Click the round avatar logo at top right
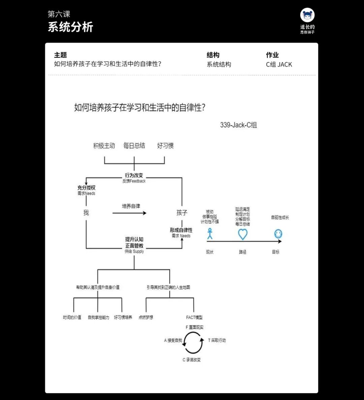tap(307, 15)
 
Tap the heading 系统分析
tap(70, 27)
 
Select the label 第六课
tap(59, 14)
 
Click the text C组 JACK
tap(279, 64)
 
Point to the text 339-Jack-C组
tap(238, 125)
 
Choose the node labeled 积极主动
tap(104, 146)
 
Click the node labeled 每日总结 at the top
tap(134, 146)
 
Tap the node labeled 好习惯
tap(165, 146)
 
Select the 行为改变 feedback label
tap(134, 176)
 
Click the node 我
tap(86, 213)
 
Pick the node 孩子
tap(182, 213)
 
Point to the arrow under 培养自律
tap(129, 213)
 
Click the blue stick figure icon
tap(210, 234)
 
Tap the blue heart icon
tap(243, 234)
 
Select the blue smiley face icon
tap(278, 234)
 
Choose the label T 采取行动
tap(217, 340)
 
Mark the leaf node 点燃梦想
tap(146, 317)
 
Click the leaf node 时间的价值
tap(72, 317)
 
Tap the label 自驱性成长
tap(280, 217)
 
